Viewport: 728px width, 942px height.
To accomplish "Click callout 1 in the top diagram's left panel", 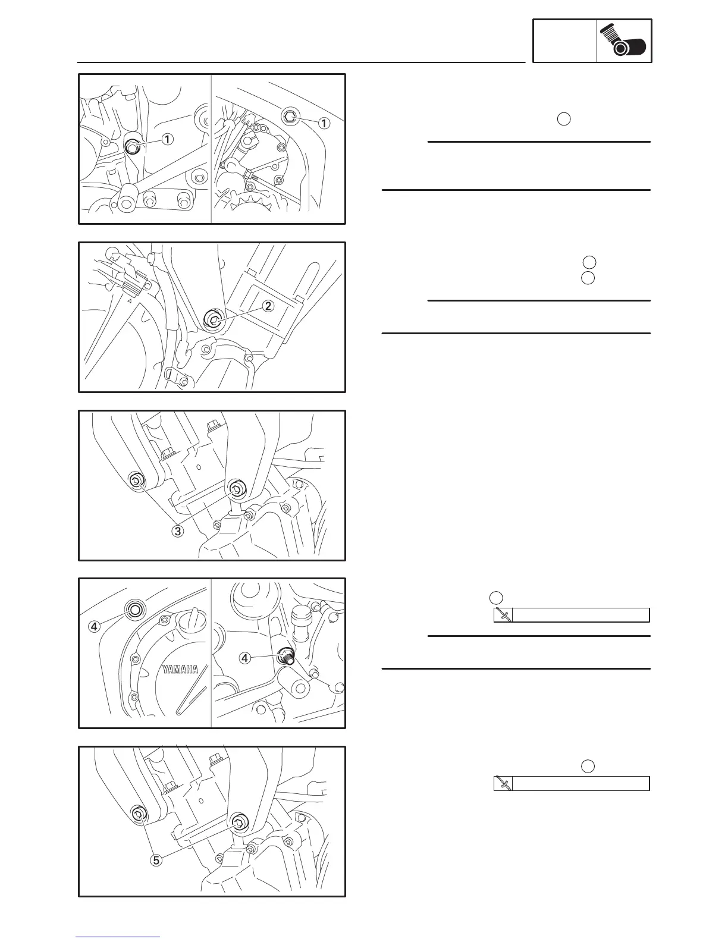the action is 168,139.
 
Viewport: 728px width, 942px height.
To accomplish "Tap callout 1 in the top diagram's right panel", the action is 324,123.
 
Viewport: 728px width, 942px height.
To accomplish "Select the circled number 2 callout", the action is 268,306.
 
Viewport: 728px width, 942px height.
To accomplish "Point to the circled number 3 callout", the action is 177,531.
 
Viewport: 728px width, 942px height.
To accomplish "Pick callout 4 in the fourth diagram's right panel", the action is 244,658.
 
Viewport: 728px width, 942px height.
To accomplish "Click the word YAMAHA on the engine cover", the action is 180,669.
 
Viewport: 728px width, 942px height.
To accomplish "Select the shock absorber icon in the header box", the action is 624,41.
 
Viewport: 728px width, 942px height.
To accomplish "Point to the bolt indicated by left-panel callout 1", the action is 132,146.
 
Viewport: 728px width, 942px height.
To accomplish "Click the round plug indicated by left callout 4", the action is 134,609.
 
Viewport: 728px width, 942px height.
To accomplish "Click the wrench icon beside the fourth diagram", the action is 503,615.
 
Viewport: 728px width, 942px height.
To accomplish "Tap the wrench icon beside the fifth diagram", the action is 503,783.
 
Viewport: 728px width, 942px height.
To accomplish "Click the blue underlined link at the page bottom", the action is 118,937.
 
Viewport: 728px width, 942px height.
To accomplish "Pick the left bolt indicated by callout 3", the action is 136,481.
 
